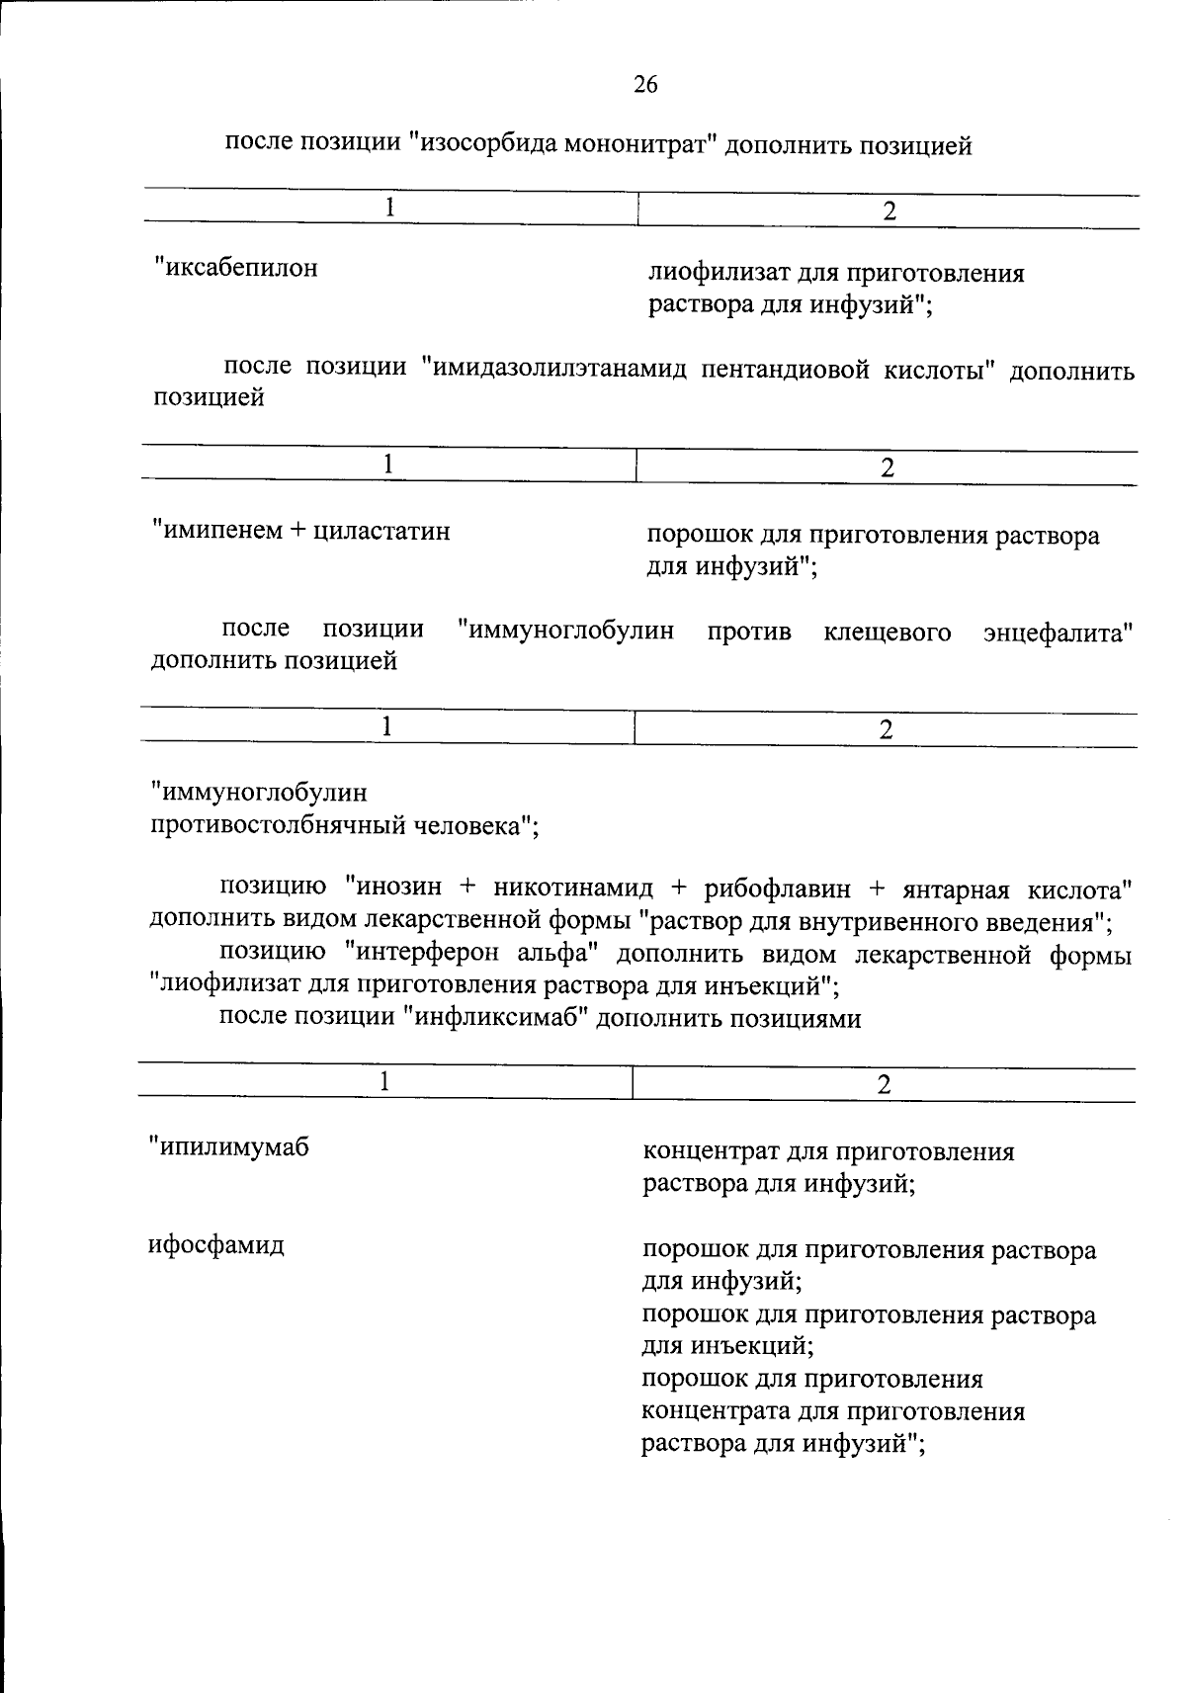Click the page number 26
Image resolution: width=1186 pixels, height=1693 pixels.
[x=644, y=85]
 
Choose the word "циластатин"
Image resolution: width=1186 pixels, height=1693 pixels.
[x=381, y=531]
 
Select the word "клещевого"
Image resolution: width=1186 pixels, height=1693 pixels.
[x=887, y=632]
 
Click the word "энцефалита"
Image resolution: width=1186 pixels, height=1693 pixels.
[x=1056, y=632]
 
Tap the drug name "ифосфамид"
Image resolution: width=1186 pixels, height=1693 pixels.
[x=216, y=1244]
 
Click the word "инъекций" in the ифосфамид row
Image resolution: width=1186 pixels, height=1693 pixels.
[x=758, y=1345]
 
